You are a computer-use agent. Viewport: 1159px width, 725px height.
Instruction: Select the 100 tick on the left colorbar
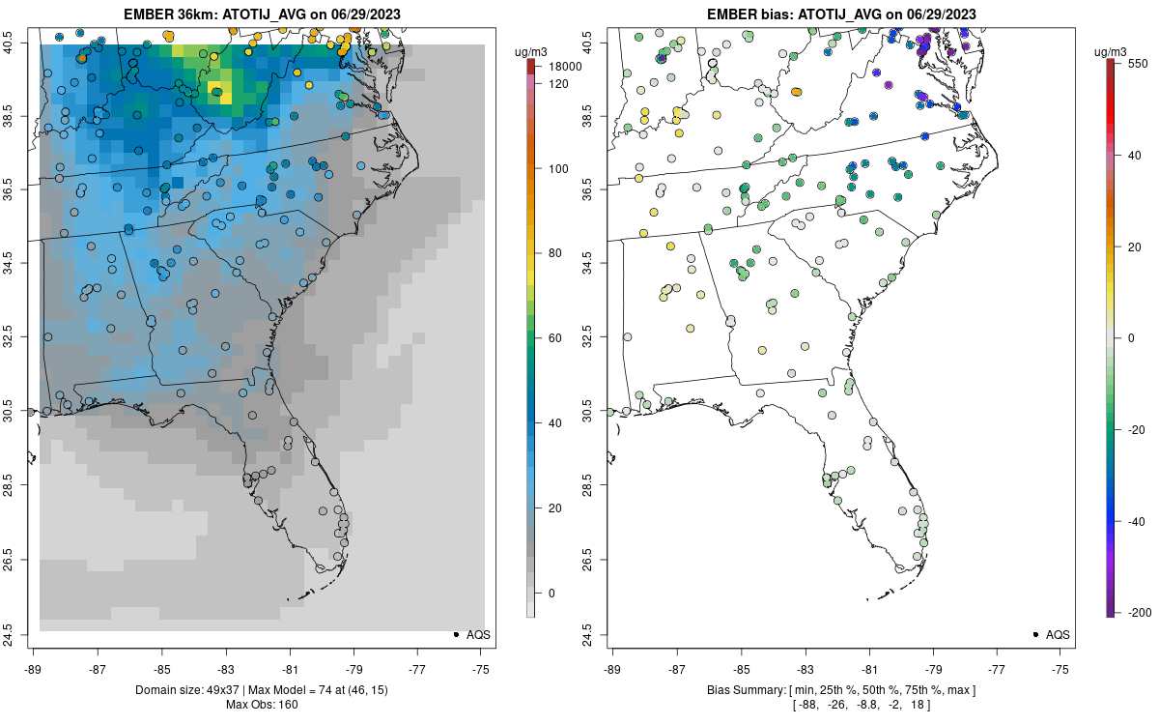557,168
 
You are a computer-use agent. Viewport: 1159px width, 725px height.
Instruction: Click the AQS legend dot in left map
455,634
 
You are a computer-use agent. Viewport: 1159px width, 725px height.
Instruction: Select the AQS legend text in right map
1058,634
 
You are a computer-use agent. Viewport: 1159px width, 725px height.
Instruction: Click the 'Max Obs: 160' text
262,703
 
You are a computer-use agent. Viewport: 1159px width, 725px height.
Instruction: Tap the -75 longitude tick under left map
482,668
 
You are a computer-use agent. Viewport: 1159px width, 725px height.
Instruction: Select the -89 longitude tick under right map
612,668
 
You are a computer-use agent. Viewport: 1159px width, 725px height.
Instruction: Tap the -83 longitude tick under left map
226,668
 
